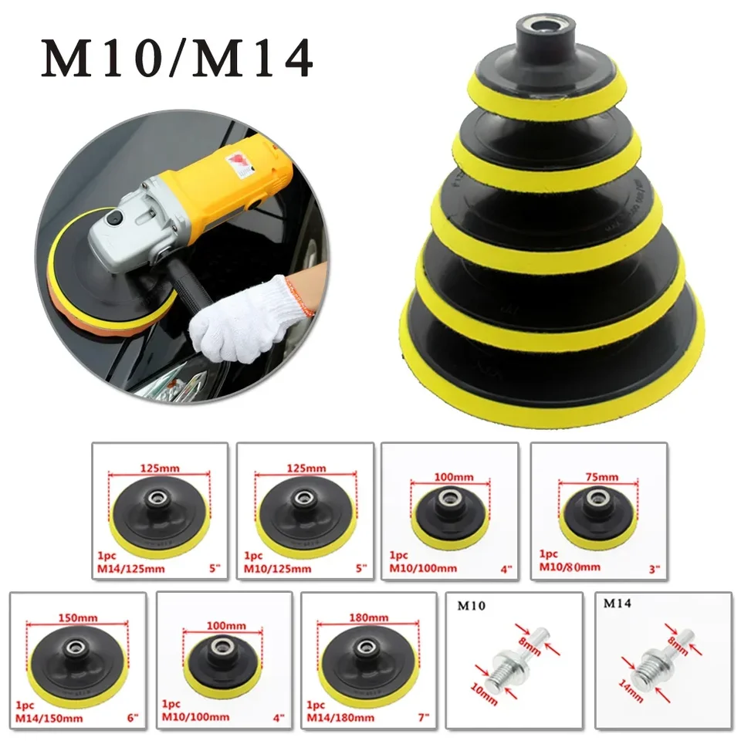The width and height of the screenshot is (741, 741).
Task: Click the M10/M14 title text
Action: pyautogui.click(x=178, y=59)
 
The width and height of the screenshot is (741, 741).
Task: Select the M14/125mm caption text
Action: pyautogui.click(x=130, y=569)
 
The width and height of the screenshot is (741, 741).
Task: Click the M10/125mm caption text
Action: pyautogui.click(x=278, y=569)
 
